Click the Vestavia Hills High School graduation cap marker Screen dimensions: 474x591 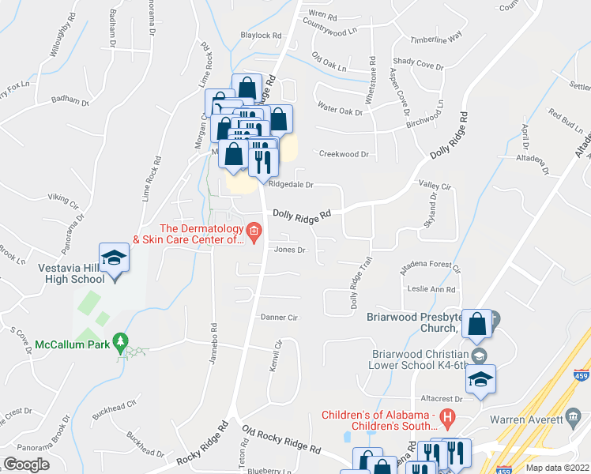coord(115,259)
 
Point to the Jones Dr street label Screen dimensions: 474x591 coord(289,250)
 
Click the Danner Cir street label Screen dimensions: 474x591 coord(279,318)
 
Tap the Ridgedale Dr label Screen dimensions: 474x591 coord(291,185)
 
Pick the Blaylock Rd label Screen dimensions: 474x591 coord(262,36)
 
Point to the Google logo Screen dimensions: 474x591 coord(26,464)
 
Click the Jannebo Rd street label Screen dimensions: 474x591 coord(213,340)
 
